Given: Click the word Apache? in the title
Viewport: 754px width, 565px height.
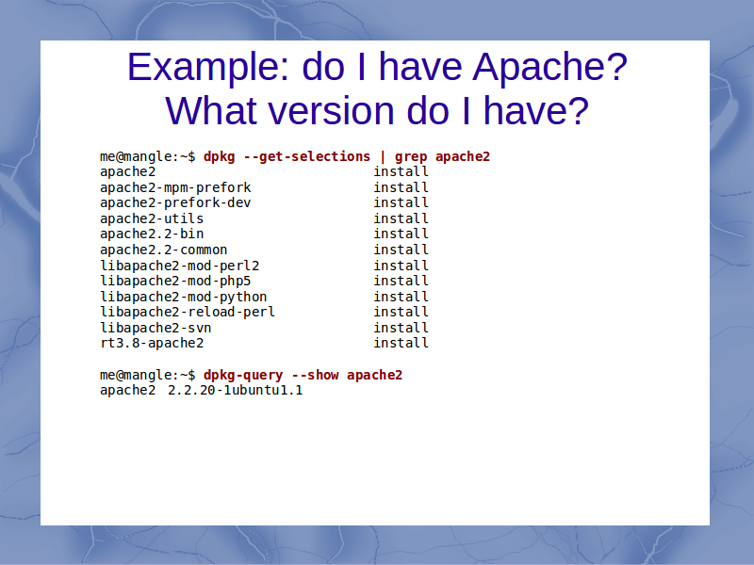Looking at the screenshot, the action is coord(549,67).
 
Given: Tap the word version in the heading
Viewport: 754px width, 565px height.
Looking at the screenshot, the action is coord(332,111).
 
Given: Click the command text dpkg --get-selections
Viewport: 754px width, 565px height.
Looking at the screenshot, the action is coord(287,156).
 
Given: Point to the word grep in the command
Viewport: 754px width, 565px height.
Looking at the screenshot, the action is coord(411,157).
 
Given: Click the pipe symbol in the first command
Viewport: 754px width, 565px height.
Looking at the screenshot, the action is coord(383,156).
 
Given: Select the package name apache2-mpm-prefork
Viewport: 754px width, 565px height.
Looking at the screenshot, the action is coord(175,187).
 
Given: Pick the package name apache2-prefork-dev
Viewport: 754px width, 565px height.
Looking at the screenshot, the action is coord(175,202).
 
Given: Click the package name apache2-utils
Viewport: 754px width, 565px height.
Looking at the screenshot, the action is coord(152,218).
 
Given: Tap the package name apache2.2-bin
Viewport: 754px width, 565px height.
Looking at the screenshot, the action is coord(152,234).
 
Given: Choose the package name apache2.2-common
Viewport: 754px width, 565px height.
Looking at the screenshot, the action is coord(163,250).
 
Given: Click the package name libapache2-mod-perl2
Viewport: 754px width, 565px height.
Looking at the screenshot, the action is coord(179,266).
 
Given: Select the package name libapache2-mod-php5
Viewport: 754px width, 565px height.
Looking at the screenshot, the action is coord(175,281).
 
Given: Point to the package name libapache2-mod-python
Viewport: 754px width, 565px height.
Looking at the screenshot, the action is coord(183,297).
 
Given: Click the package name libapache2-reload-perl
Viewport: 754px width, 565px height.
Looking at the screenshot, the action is coord(188,313).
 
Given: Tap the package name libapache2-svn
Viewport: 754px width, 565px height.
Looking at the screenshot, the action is coord(156,328).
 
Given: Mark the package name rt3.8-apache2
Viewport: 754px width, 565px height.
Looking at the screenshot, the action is coord(152,343).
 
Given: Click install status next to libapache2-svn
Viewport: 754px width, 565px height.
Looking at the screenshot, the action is coord(402,328).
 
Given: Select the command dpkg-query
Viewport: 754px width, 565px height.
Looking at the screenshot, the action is coord(243,375).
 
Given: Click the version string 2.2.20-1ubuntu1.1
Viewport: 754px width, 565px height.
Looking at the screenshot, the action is coord(235,390).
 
